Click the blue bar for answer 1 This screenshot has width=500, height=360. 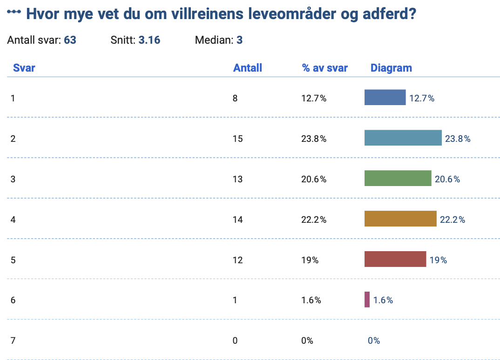click(x=385, y=97)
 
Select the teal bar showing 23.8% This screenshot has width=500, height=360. click(x=403, y=138)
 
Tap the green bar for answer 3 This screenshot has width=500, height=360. click(x=398, y=178)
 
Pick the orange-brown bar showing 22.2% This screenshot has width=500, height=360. click(x=400, y=219)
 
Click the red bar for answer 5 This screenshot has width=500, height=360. click(x=395, y=259)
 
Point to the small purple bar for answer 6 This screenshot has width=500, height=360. click(x=367, y=300)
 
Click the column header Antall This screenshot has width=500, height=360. click(x=247, y=68)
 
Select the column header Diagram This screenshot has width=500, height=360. click(x=391, y=68)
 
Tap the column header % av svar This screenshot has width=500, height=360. click(x=324, y=68)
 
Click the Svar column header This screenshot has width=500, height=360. click(x=24, y=68)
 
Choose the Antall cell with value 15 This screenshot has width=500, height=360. click(x=237, y=139)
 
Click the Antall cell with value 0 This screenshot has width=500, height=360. click(x=235, y=340)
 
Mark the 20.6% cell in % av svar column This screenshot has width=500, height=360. click(x=314, y=179)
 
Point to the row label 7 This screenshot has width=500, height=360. click(x=13, y=340)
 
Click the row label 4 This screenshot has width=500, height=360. click(x=13, y=220)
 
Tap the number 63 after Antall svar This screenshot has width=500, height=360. click(x=70, y=40)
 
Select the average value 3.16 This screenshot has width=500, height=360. click(x=149, y=40)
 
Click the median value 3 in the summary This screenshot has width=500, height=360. click(x=239, y=40)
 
